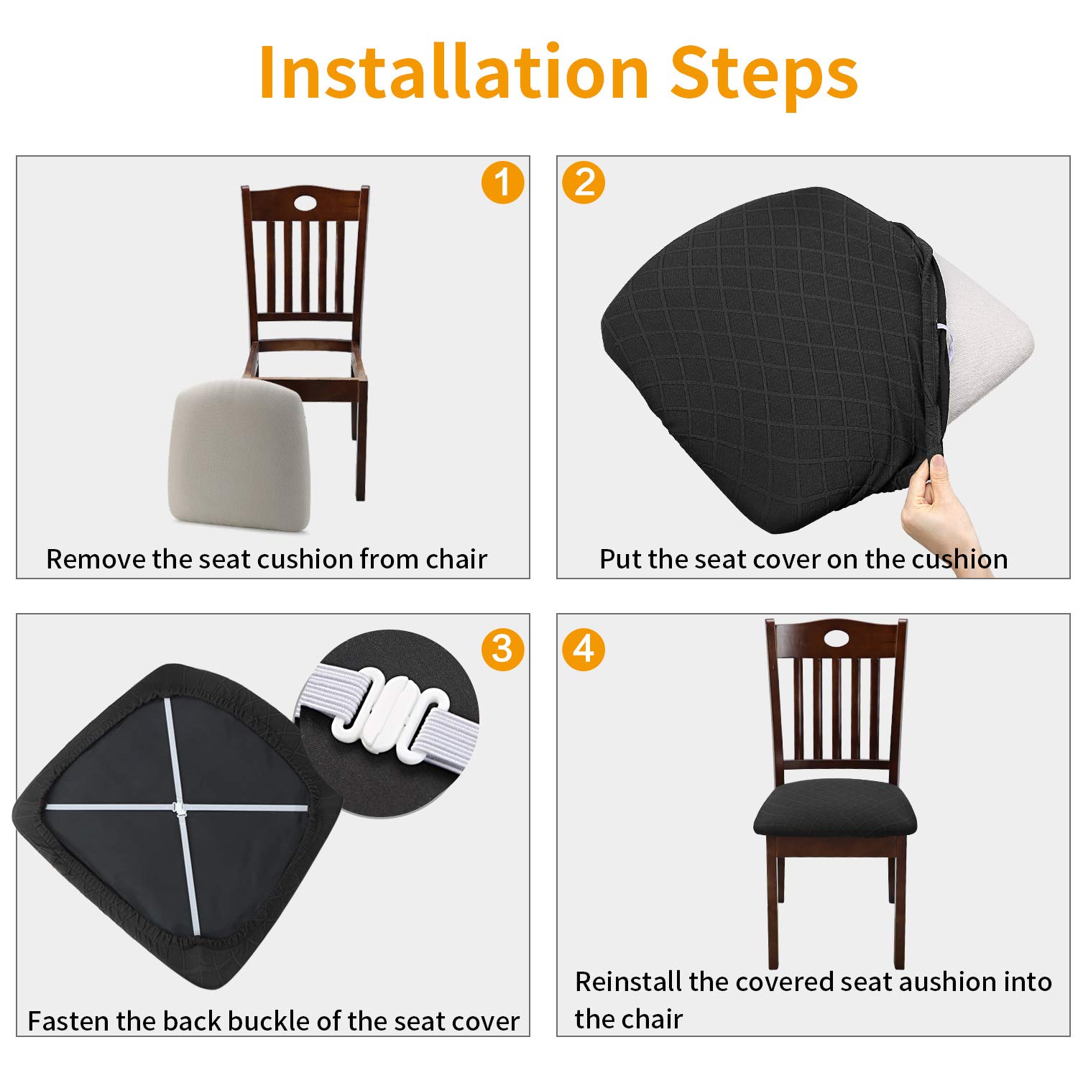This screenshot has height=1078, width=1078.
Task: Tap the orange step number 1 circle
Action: coord(502,182)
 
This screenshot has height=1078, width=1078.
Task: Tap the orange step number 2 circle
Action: coord(584,182)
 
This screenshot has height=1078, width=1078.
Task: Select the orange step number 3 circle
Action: coord(502,650)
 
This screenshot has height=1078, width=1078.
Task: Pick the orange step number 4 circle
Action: coord(584,650)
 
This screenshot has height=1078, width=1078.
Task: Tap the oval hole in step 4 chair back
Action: coord(835,637)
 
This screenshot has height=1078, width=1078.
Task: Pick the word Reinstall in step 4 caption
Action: coord(628,982)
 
